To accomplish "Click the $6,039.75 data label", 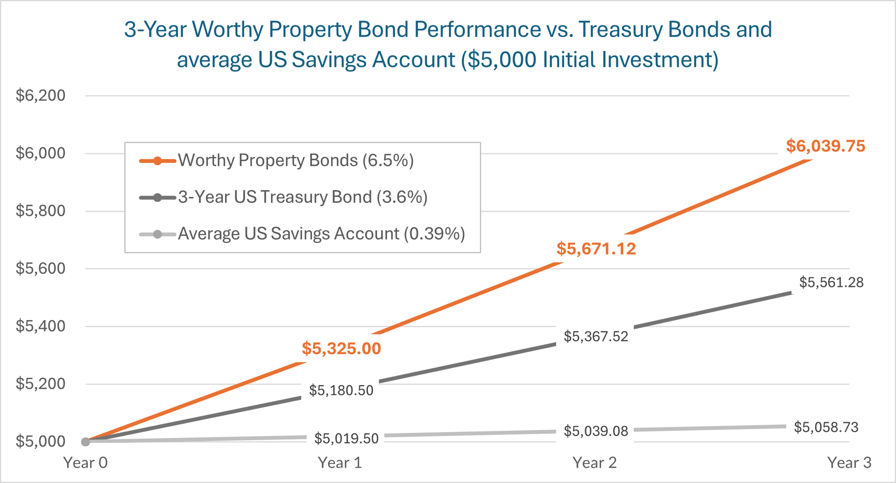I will [825, 146].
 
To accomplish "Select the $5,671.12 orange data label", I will [596, 249].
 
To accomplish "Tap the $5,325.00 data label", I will [341, 349].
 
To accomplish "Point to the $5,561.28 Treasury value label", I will [831, 282].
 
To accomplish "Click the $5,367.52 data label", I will [596, 336].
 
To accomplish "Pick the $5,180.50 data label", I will [341, 390].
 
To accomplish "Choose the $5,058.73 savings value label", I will [826, 427].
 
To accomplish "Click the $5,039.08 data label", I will [596, 431].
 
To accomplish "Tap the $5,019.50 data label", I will [346, 438].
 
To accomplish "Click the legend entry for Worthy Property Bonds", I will [296, 160].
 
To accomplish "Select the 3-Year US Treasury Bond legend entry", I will [302, 197].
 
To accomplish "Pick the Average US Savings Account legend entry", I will [321, 234].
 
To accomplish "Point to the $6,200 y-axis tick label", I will [40, 95].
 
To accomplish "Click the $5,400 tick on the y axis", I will [40, 326].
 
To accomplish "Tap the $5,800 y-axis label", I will [40, 211].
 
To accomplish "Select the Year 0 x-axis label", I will [85, 463].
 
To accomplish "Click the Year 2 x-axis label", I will [594, 463].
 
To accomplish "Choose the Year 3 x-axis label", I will [849, 463].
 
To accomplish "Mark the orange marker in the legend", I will [157, 161].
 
